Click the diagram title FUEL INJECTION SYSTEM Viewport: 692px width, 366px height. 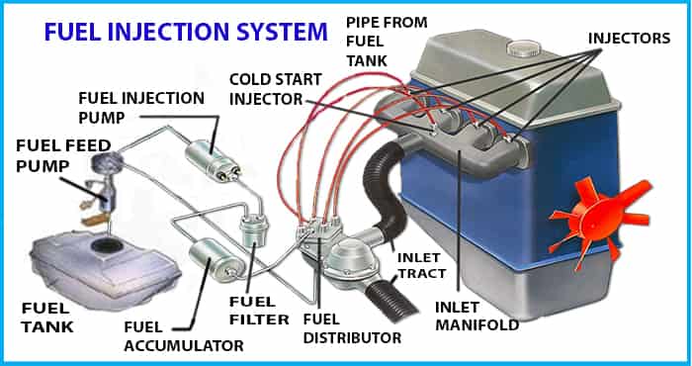(x=186, y=33)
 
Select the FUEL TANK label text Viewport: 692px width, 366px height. (x=45, y=318)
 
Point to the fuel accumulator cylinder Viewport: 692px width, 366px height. (x=216, y=259)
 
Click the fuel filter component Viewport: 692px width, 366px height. (x=254, y=230)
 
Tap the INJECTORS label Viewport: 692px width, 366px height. (x=629, y=39)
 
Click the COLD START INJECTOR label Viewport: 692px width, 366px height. (x=276, y=89)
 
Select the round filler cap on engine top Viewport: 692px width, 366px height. (x=524, y=47)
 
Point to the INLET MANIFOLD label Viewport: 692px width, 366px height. (x=476, y=316)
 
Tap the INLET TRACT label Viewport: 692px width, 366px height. (x=421, y=265)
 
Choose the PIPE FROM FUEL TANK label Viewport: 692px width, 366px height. (x=387, y=42)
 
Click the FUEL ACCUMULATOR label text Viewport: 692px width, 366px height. (x=184, y=336)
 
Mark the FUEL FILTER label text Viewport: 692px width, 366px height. (x=259, y=311)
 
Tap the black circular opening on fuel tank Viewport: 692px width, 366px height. (x=105, y=243)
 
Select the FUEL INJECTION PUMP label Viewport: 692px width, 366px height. (x=141, y=107)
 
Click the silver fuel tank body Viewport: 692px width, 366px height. (x=105, y=266)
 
